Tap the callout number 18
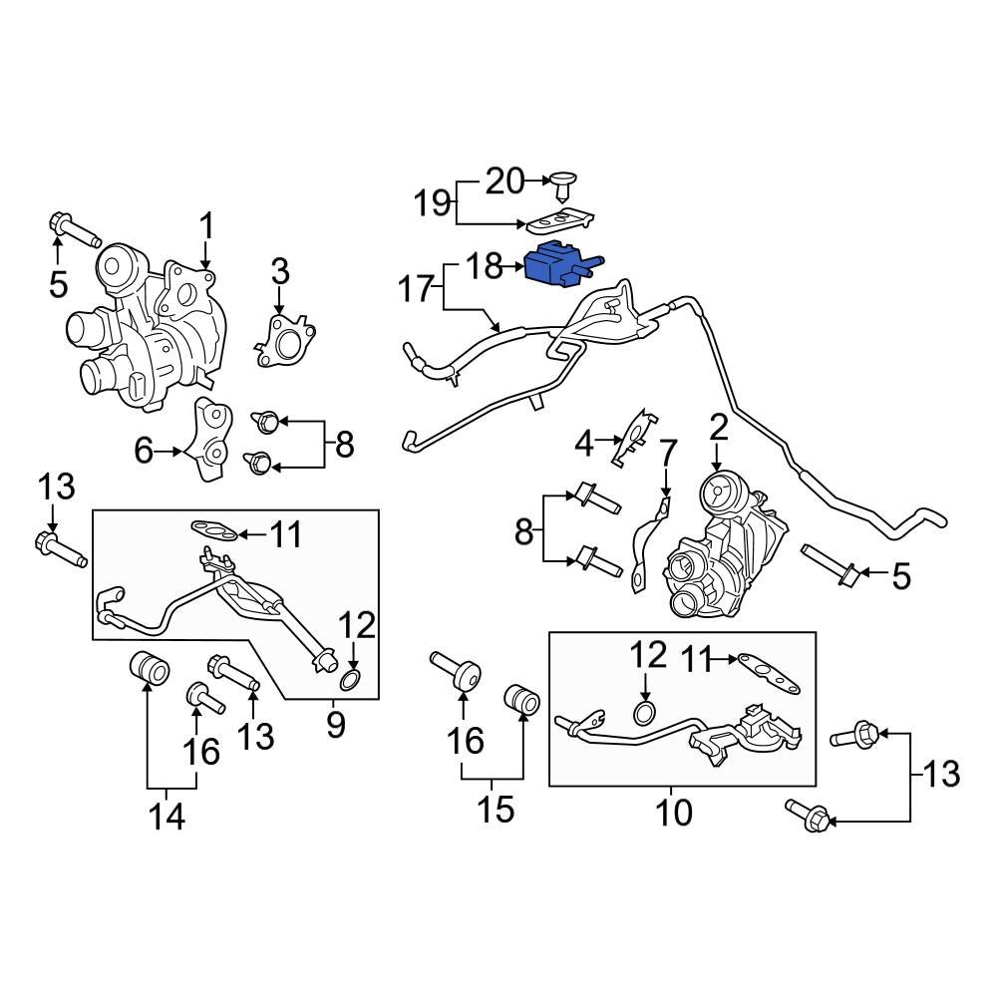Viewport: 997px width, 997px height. coord(485,266)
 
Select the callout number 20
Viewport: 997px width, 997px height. coord(504,181)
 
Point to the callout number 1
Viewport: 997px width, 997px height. coord(206,231)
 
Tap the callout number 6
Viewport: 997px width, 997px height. coord(144,451)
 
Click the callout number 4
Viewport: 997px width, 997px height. coord(583,444)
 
